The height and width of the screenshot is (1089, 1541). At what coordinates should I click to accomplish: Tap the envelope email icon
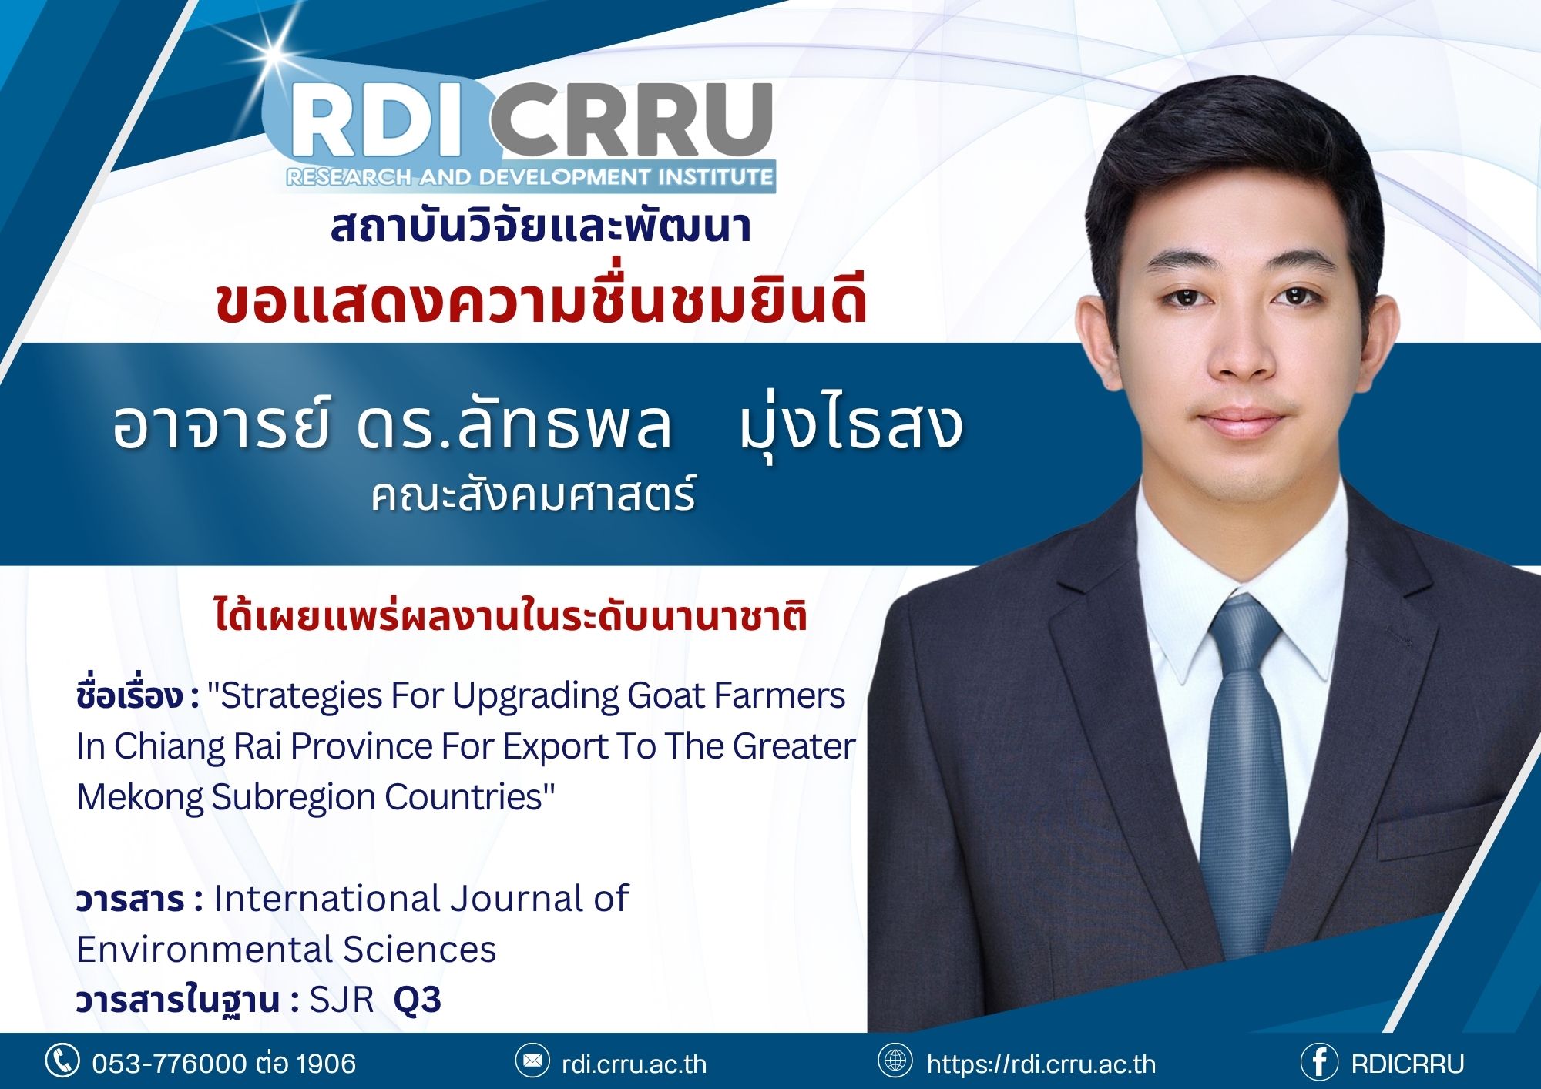(x=532, y=1061)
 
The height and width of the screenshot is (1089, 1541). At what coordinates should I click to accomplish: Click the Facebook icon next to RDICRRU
(x=1319, y=1062)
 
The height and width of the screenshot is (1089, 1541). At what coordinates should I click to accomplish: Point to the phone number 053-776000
(x=170, y=1064)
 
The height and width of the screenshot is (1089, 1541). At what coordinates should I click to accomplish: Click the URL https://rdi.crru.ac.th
(x=1041, y=1064)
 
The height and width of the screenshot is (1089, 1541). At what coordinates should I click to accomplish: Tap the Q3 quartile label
(x=418, y=1000)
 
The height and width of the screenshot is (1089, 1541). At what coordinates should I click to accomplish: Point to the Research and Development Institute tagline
(x=529, y=177)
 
